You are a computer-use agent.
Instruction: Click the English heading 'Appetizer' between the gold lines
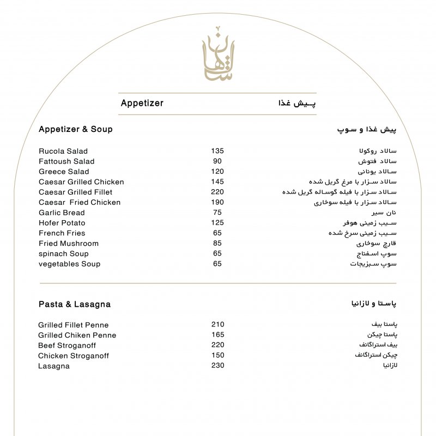click(142, 103)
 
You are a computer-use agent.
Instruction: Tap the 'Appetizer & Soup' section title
click(76, 129)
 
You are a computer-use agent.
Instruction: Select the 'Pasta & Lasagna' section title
click(75, 304)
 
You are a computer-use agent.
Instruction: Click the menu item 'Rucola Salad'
click(63, 151)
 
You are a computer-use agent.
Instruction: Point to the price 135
click(217, 151)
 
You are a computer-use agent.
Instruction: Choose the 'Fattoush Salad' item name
click(66, 161)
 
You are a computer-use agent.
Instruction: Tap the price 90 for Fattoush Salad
click(217, 161)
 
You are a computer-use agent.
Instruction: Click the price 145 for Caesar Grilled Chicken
click(217, 182)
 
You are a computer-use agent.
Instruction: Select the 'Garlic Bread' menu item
click(62, 213)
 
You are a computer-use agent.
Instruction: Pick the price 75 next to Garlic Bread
click(217, 213)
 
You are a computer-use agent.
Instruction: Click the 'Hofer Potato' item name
click(62, 223)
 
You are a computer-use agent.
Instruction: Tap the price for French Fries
click(217, 233)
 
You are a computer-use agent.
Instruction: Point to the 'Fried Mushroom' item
click(69, 243)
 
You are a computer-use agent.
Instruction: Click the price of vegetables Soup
click(217, 264)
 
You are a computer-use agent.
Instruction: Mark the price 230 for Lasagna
click(217, 366)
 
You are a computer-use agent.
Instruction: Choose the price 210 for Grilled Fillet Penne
click(217, 325)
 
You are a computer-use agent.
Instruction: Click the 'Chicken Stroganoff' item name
click(74, 356)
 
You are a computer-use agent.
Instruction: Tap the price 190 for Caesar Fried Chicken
click(217, 202)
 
